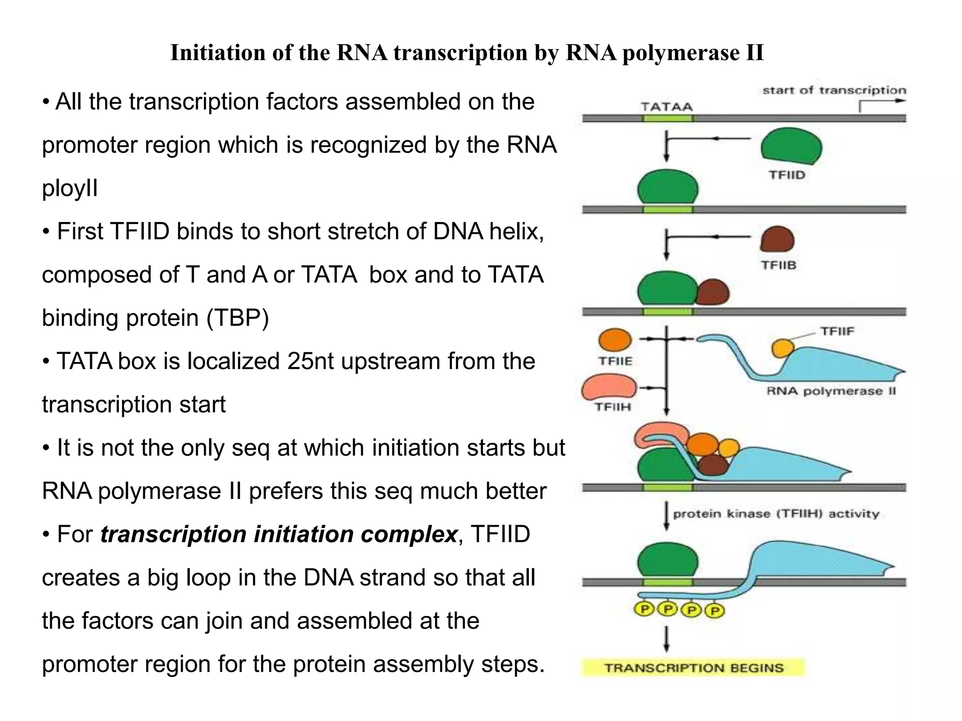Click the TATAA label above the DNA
click(x=667, y=107)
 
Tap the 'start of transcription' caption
click(x=834, y=90)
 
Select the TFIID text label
click(x=787, y=175)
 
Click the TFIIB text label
click(x=778, y=265)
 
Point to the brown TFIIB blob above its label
click(x=777, y=239)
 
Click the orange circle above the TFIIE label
click(x=615, y=340)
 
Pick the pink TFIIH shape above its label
click(x=609, y=387)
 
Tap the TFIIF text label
click(x=837, y=331)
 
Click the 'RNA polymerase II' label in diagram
click(x=831, y=391)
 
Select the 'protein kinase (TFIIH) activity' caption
click(x=776, y=514)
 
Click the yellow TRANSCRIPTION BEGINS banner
click(x=693, y=667)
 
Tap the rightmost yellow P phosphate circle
click(x=715, y=611)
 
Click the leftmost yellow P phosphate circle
click(x=644, y=609)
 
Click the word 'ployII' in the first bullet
click(x=70, y=188)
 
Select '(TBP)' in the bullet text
click(x=238, y=318)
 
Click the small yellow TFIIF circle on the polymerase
click(x=783, y=348)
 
